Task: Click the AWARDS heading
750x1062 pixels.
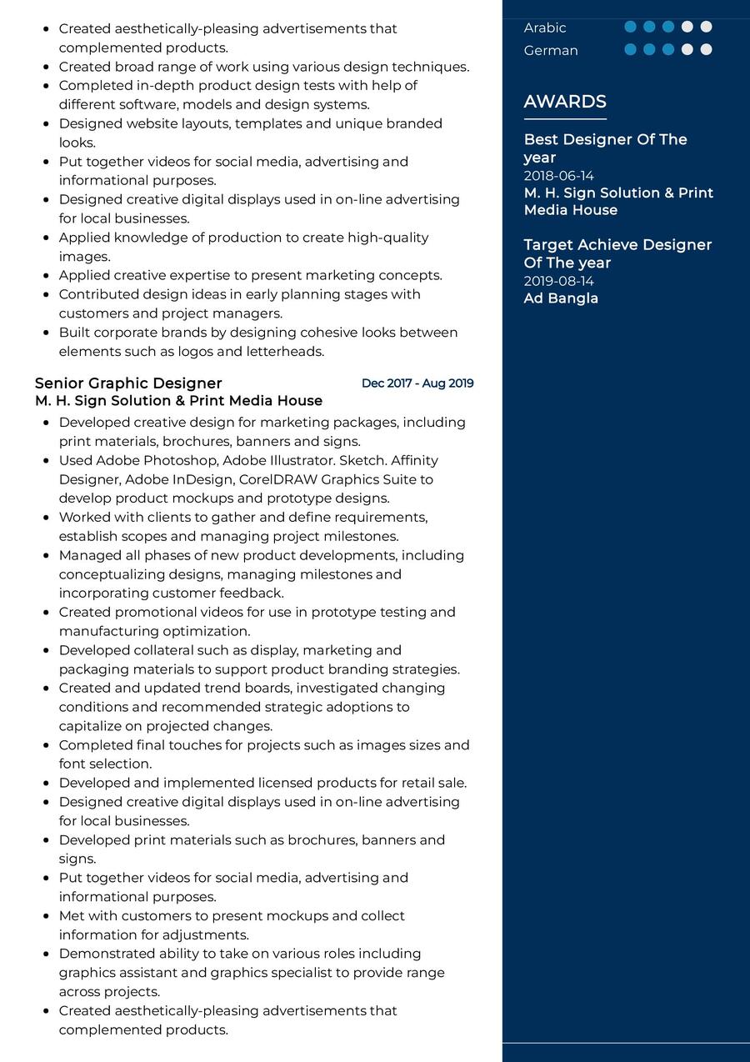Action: point(565,102)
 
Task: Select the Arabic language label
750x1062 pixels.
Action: point(545,28)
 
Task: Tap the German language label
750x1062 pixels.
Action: point(551,50)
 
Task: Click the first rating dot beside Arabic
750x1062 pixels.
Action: point(630,27)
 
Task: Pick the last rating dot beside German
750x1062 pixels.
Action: point(706,49)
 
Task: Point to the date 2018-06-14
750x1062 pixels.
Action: point(558,176)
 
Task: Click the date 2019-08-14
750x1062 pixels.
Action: point(558,281)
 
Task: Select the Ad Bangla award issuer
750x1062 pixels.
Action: point(561,298)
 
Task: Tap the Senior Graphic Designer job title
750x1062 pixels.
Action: point(128,383)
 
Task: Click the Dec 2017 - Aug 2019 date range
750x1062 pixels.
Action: point(417,383)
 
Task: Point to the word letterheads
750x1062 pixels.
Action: point(284,352)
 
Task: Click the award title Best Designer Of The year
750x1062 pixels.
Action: point(605,148)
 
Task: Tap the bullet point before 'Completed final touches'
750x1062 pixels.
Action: point(46,745)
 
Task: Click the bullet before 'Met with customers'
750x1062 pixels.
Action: point(46,916)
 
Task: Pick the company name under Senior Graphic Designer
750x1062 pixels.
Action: point(178,401)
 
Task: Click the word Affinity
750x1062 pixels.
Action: point(414,460)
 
